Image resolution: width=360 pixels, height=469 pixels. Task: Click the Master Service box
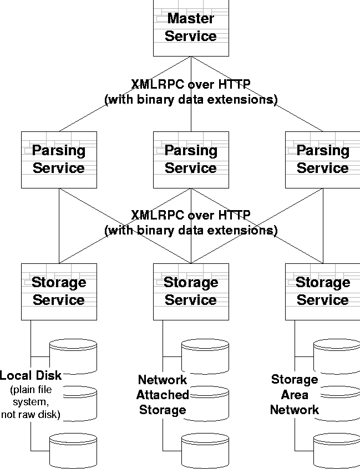click(191, 28)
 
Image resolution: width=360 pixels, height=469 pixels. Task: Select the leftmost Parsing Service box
click(59, 159)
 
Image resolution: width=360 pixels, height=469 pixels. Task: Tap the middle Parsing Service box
click(191, 159)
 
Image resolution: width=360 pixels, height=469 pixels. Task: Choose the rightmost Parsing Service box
click(322, 159)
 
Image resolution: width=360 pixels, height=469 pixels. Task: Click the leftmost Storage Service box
click(59, 291)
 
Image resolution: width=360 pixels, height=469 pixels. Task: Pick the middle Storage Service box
click(191, 291)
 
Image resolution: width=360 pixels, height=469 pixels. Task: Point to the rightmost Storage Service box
click(322, 291)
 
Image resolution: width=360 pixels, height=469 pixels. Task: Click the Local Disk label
click(31, 375)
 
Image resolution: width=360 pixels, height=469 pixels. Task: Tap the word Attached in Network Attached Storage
click(163, 395)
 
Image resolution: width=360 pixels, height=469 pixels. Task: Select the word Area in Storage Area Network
click(295, 395)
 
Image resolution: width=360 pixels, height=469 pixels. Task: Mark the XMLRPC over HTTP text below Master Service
click(191, 84)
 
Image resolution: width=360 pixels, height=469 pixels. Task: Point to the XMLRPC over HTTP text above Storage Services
click(191, 215)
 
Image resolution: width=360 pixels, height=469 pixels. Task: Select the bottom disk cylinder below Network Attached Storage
click(205, 450)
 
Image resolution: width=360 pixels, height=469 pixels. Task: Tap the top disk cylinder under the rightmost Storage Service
click(337, 355)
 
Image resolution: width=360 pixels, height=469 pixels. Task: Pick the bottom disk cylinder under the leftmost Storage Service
click(73, 450)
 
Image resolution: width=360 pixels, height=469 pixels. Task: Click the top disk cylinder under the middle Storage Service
click(205, 355)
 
